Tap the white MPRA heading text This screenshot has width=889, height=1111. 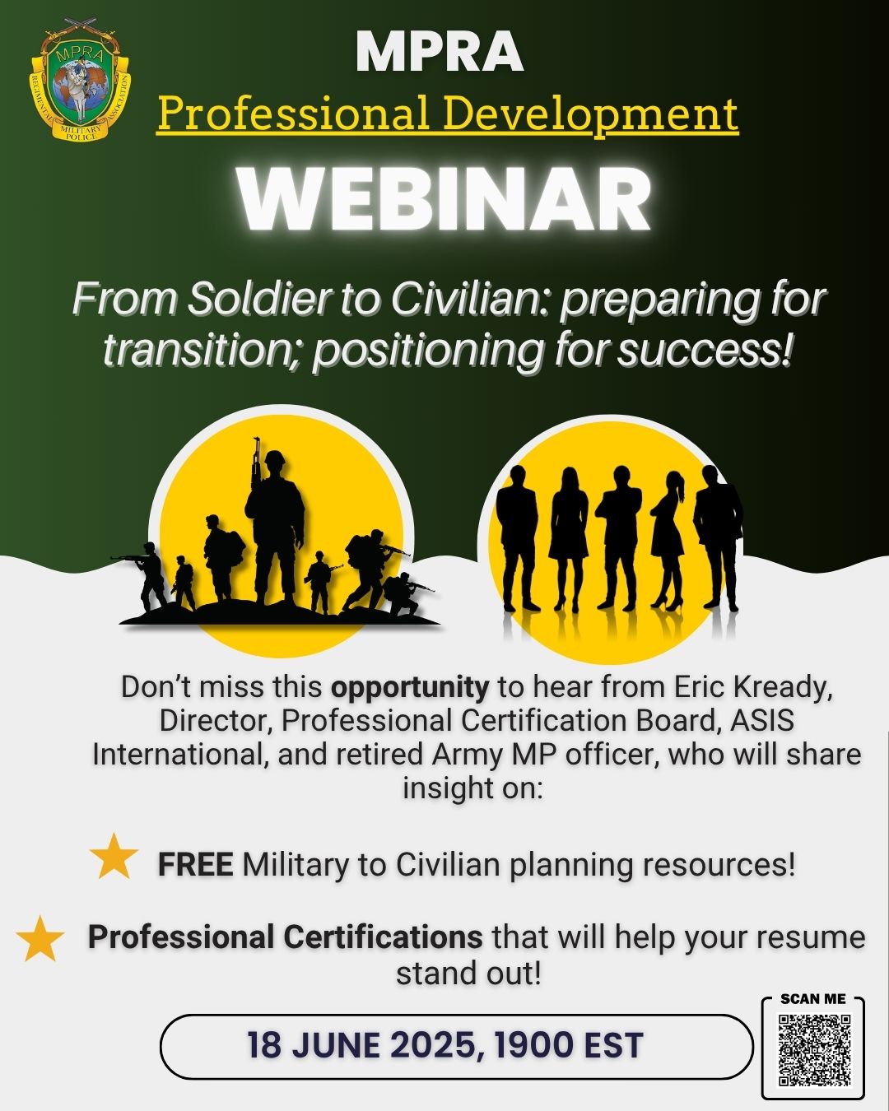point(440,52)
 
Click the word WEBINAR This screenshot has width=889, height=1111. point(444,200)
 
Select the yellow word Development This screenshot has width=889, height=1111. point(590,114)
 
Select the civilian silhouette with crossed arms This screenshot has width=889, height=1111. point(619,535)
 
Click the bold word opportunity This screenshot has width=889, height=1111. point(410,687)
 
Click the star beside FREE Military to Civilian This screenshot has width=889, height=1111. point(114,857)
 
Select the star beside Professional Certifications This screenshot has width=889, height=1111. point(40,939)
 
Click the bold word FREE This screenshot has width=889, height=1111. point(195,865)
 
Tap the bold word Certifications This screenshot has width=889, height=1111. point(383,937)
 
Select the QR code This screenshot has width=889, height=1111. point(814,1050)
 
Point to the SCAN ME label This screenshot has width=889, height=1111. point(813,999)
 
